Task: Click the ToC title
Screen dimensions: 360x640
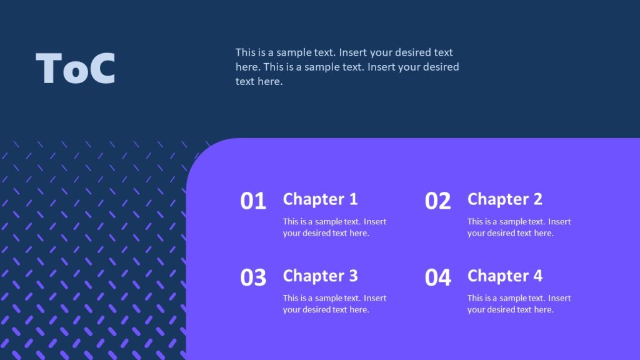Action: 76,68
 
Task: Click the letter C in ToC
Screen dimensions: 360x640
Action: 102,68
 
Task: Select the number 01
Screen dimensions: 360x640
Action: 253,201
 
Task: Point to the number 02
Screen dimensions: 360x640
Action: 437,201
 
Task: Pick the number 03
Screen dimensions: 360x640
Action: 253,278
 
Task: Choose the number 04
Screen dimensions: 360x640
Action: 437,278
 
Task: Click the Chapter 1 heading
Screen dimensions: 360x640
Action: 320,199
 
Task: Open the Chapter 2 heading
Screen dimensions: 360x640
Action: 504,199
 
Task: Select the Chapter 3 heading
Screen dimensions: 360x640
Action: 320,276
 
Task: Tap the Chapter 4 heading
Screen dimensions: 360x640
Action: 504,276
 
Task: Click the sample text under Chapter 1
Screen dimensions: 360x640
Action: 334,227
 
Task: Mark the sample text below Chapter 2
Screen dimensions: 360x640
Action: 519,227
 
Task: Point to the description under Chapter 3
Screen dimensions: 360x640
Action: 334,304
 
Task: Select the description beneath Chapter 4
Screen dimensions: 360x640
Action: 519,304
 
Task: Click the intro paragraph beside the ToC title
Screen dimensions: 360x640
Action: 347,67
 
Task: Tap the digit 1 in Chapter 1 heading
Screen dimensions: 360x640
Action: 353,199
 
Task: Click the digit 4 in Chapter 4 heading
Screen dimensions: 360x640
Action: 537,276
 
